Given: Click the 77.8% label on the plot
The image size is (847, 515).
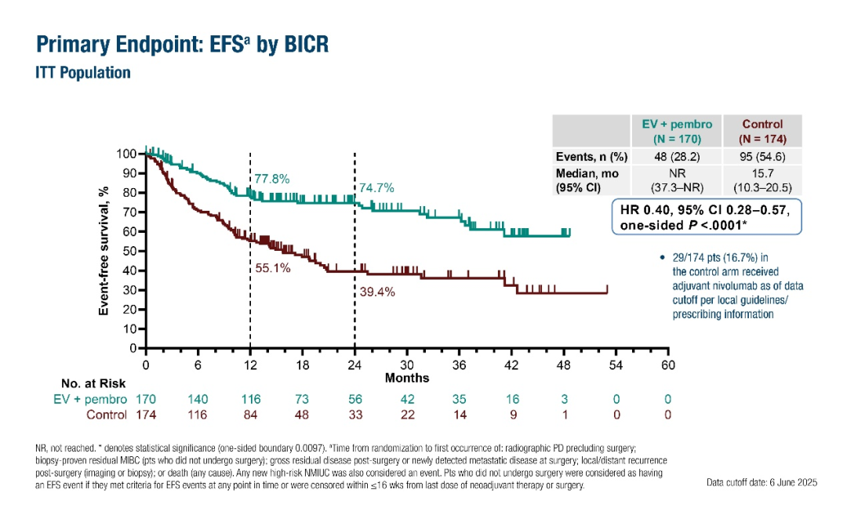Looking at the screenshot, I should point(271,179).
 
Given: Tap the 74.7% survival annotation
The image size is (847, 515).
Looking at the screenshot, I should point(376,188).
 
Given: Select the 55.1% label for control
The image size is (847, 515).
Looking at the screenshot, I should point(273,267).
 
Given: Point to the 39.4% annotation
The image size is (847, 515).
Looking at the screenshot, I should point(377,292).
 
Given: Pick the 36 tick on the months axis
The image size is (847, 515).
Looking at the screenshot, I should point(459,365).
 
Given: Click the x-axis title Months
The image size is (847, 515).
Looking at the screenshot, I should point(407,378).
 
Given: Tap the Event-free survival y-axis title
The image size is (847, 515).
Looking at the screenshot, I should point(103,251).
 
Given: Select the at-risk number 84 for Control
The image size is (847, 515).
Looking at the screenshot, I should point(250,414).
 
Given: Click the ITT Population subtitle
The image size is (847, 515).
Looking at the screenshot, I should point(83,73).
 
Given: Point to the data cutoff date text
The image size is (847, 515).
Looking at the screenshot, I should point(762,482).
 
